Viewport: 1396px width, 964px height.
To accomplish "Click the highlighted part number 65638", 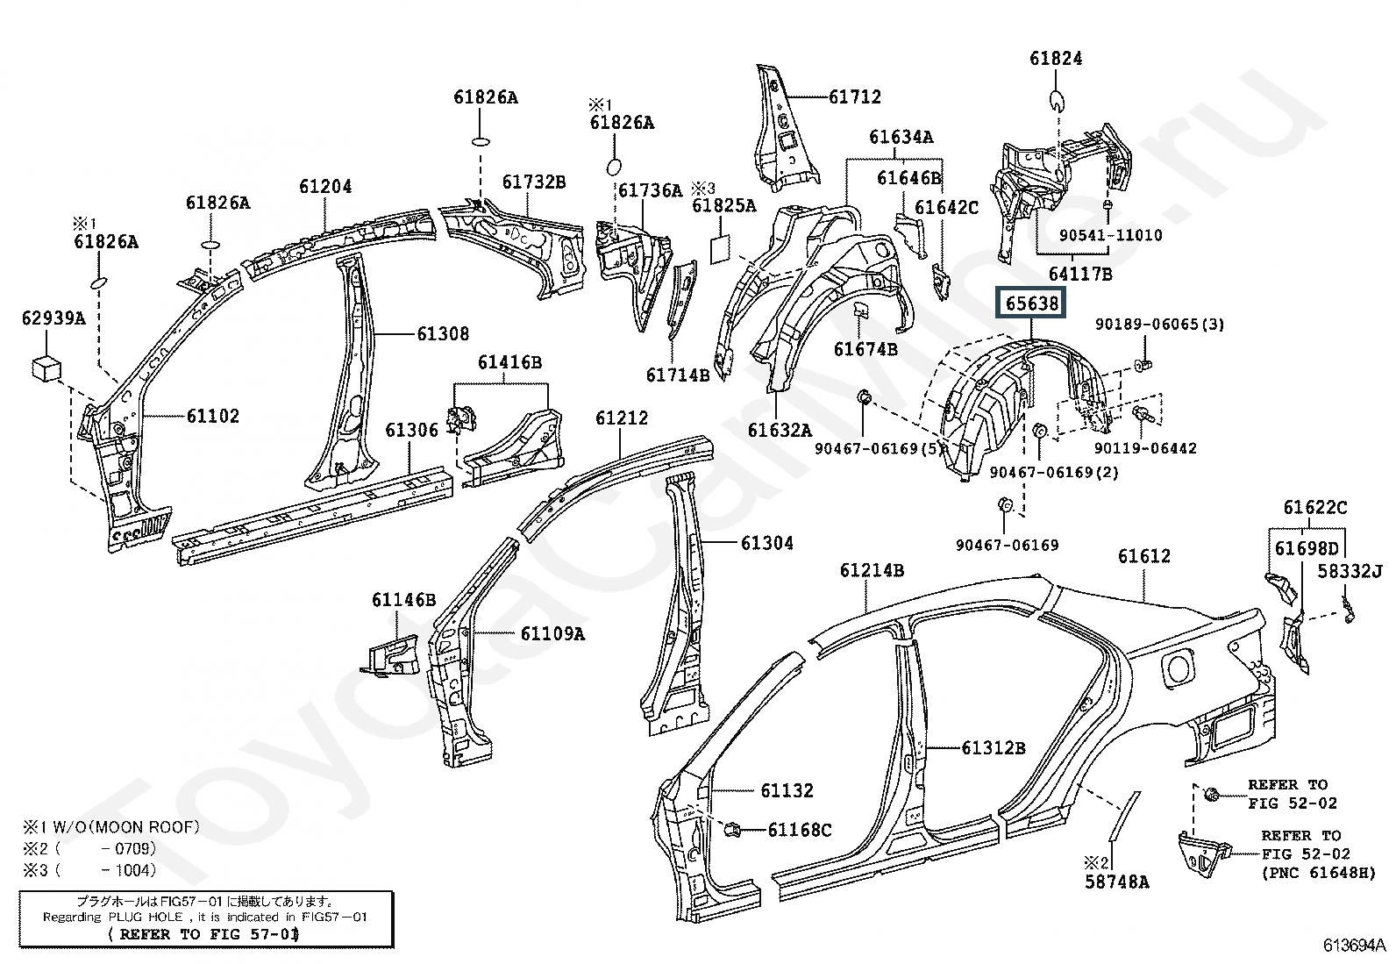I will [x=1032, y=303].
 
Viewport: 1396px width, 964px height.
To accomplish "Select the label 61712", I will [x=854, y=96].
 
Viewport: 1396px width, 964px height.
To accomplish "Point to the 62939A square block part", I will [x=47, y=368].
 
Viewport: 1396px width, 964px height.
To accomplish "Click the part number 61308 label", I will [x=442, y=333].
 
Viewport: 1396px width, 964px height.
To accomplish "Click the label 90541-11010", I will [x=1109, y=235].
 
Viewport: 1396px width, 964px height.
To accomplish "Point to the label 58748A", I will [x=1116, y=882].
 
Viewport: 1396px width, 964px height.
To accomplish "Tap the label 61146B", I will [x=403, y=600].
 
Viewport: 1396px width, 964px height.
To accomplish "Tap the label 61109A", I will [x=552, y=632].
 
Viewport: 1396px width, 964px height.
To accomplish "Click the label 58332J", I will [x=1350, y=572].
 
